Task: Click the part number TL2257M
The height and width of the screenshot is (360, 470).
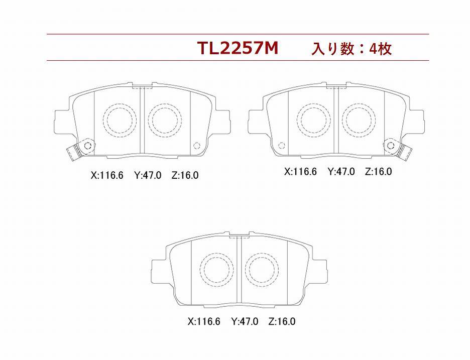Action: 238,48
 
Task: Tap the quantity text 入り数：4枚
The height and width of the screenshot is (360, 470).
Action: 351,49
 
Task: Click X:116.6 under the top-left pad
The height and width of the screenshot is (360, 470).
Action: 107,175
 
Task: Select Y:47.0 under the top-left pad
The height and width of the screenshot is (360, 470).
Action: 148,175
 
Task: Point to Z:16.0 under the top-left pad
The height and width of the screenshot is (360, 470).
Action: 185,175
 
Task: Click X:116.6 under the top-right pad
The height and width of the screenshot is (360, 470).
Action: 300,172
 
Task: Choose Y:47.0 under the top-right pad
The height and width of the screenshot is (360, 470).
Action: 341,172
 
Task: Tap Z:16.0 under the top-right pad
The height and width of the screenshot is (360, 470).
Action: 378,172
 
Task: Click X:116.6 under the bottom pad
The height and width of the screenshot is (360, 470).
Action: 204,322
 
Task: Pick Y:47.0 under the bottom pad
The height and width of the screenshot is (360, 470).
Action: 245,322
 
